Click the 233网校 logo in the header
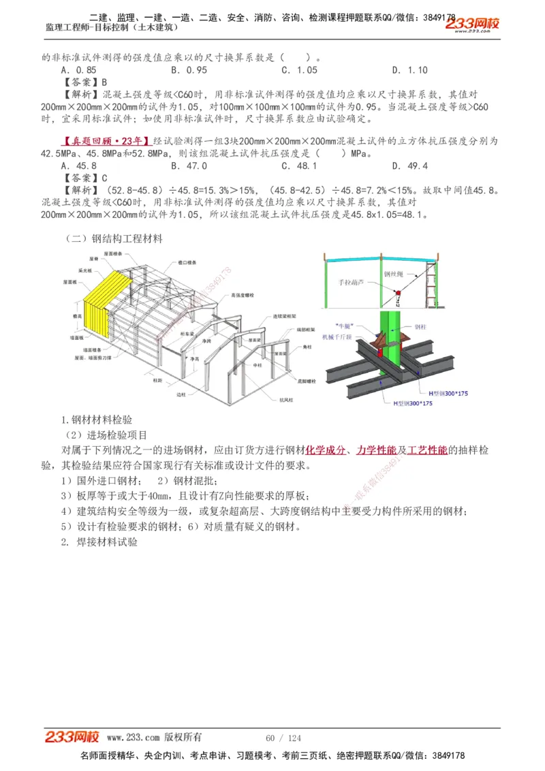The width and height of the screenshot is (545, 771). [x=472, y=25]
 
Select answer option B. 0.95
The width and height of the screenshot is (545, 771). [x=189, y=70]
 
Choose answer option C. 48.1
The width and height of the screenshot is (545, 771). [x=299, y=166]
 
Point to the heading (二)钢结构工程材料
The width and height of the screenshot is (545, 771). [x=114, y=239]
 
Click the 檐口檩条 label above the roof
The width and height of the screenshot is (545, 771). [x=187, y=261]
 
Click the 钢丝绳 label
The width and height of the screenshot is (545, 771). [x=393, y=274]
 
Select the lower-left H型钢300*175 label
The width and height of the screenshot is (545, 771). [x=413, y=403]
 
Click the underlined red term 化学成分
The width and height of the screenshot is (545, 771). [x=325, y=450]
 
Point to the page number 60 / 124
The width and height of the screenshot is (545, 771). [x=283, y=738]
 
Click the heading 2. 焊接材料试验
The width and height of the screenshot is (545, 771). [x=99, y=543]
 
